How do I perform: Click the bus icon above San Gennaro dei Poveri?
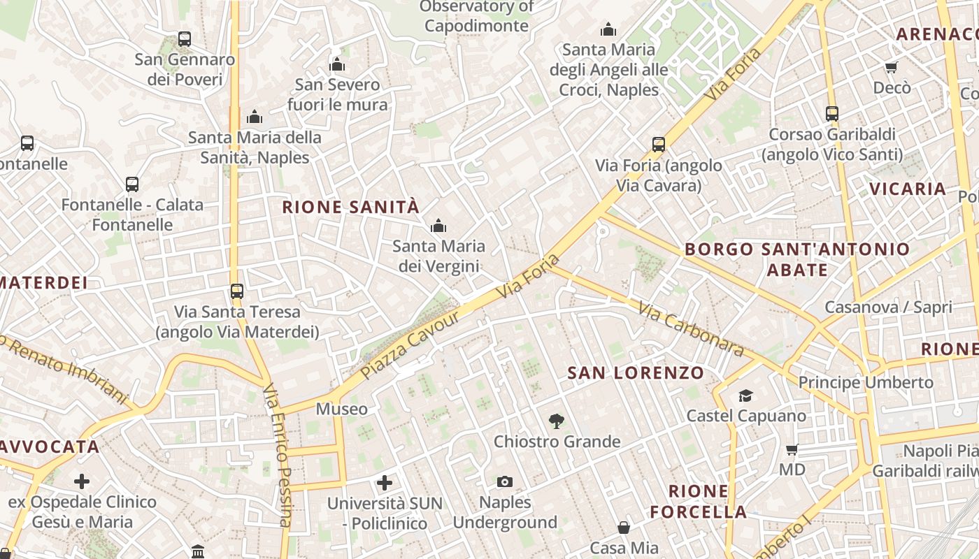[x=185, y=39]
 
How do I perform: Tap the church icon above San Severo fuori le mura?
[x=337, y=65]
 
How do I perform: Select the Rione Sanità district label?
[x=350, y=207]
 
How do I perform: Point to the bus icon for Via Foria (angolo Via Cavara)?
[x=658, y=145]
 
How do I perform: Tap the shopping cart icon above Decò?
[x=891, y=67]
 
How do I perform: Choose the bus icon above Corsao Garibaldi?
[x=831, y=113]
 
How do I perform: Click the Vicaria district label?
[x=908, y=189]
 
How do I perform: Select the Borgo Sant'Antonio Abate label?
[x=797, y=259]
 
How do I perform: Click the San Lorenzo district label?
[x=635, y=372]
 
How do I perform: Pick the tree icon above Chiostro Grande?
[x=557, y=421]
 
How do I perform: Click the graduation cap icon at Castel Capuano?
[x=745, y=395]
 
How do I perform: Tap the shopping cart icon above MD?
[x=792, y=449]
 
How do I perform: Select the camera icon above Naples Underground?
[x=504, y=481]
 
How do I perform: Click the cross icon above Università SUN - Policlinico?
[x=384, y=482]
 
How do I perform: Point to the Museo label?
[x=341, y=409]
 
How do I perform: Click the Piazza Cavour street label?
[x=411, y=345]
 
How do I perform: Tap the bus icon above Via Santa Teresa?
[x=237, y=291]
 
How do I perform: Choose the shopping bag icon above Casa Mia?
[x=624, y=528]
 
